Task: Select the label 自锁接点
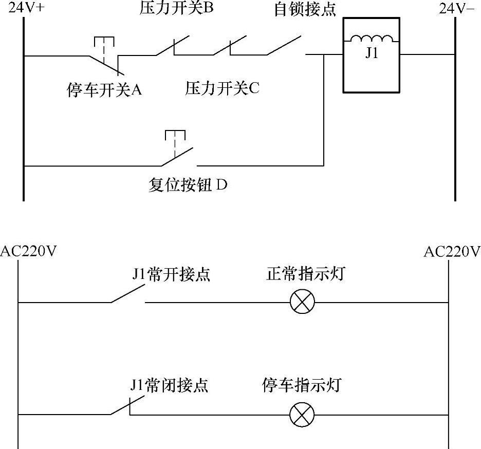pyautogui.click(x=305, y=10)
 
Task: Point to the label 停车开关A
pyautogui.click(x=104, y=90)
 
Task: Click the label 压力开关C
pyautogui.click(x=223, y=88)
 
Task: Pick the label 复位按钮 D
pyautogui.click(x=188, y=185)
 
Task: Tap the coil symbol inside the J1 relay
pyautogui.click(x=372, y=40)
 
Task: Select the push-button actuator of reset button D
pyautogui.click(x=175, y=136)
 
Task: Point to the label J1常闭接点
pyautogui.click(x=170, y=385)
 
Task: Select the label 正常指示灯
pyautogui.click(x=305, y=274)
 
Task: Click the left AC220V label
pyautogui.click(x=28, y=252)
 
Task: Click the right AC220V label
pyautogui.click(x=452, y=252)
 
